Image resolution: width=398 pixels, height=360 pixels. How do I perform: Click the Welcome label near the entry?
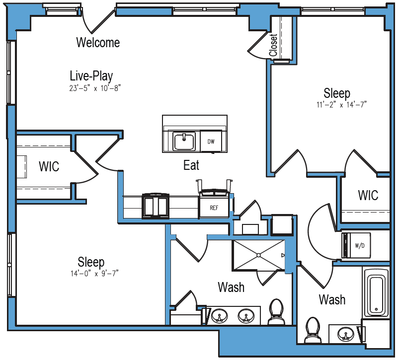pos(98,42)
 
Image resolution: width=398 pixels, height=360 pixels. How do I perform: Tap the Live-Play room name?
pos(91,75)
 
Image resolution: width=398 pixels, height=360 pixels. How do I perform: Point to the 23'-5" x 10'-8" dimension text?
pos(95,88)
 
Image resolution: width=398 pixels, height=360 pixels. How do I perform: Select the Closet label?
pos(273,45)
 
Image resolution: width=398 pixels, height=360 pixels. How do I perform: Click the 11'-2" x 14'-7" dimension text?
pos(341,105)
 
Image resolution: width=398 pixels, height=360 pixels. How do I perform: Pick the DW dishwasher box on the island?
pos(211,142)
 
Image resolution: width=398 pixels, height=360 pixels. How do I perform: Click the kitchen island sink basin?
pos(184,142)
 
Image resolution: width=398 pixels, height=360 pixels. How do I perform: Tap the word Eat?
pos(191,165)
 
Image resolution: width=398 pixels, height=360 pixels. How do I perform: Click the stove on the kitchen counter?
pos(156,206)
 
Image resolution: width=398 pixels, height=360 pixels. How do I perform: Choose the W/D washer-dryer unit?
pos(356,245)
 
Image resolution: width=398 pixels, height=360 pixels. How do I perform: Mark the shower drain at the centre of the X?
pos(258,255)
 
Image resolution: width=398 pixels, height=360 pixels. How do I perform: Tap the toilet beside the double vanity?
pos(276,312)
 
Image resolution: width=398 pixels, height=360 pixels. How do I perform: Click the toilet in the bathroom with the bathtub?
pos(313,330)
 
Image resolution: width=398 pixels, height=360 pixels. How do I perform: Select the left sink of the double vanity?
pos(219,316)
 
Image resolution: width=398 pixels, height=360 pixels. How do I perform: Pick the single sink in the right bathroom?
pos(345,334)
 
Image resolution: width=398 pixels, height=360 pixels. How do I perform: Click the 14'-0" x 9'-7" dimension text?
pos(95,274)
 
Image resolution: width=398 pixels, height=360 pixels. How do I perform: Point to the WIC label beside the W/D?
pos(368,195)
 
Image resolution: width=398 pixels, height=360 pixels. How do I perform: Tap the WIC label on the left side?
pos(49,166)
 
